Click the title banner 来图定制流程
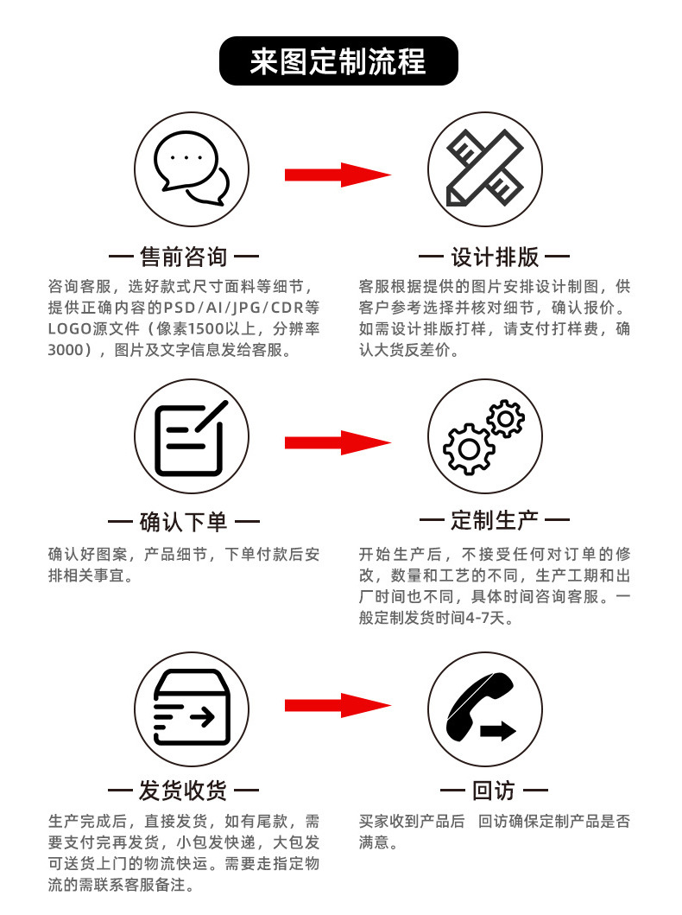tap(338, 61)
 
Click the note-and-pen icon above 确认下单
tap(192, 437)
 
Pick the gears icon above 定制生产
tap(483, 437)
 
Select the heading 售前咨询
tap(183, 257)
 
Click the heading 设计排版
tap(495, 257)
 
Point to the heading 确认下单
tap(183, 521)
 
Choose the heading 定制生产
tap(495, 521)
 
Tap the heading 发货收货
tap(183, 790)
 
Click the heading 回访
tap(494, 790)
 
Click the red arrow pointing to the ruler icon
tap(338, 175)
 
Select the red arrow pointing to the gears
tap(338, 442)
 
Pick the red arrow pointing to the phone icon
tap(338, 705)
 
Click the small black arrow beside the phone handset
tap(499, 731)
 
